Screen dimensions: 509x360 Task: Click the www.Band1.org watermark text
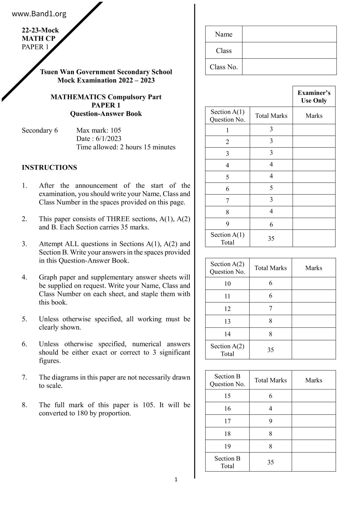(x=39, y=14)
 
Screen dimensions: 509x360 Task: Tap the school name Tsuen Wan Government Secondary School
(x=106, y=72)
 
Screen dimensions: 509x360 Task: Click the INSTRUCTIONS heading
(x=49, y=167)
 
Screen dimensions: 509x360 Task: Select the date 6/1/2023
(x=108, y=139)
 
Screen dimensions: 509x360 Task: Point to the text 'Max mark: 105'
(x=99, y=130)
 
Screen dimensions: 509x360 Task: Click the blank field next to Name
(x=289, y=34)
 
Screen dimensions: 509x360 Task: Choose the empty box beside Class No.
(x=289, y=67)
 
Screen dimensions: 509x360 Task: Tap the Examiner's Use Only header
(x=314, y=97)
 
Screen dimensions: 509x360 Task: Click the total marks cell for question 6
(x=271, y=188)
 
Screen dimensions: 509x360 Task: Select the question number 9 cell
(x=227, y=224)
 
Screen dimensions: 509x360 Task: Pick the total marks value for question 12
(x=271, y=308)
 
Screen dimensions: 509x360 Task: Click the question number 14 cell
(x=227, y=334)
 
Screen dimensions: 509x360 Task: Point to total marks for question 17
(x=271, y=421)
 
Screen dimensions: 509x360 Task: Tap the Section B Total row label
(x=227, y=462)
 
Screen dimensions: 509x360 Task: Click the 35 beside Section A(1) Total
(x=271, y=239)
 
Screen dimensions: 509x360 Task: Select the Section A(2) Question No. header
(x=227, y=268)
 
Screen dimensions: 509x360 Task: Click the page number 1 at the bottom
(x=176, y=480)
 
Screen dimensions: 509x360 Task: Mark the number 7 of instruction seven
(x=24, y=377)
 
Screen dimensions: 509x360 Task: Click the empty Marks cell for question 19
(x=314, y=446)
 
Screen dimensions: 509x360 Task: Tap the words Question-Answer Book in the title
(x=106, y=114)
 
